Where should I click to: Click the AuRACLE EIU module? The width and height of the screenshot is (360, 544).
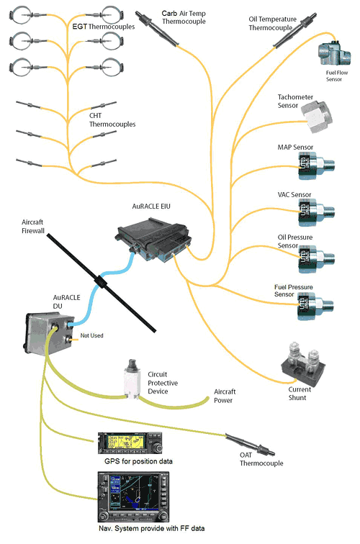[x=153, y=240]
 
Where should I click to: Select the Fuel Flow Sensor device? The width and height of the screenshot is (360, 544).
[x=334, y=54]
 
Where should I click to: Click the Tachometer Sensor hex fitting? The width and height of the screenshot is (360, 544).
[x=317, y=117]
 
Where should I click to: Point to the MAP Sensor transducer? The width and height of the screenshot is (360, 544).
[x=316, y=166]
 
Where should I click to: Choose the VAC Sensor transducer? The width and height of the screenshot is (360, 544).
[x=316, y=212]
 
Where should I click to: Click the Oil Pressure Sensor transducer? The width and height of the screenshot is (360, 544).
[x=316, y=259]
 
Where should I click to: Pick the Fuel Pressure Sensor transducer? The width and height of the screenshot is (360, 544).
[x=315, y=307]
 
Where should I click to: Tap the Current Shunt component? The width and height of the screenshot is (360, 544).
[x=303, y=364]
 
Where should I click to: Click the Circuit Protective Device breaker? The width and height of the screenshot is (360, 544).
[x=132, y=379]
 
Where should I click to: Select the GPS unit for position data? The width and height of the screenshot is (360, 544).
[x=130, y=443]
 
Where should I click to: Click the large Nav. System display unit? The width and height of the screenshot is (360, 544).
[x=134, y=497]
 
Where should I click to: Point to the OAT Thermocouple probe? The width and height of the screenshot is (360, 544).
[x=250, y=445]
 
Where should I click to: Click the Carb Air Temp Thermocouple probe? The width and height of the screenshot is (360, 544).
[x=157, y=29]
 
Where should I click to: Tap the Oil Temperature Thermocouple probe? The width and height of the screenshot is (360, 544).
[x=295, y=30]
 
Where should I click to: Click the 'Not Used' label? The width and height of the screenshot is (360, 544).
[x=91, y=335]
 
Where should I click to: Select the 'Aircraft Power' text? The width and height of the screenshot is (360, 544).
[x=224, y=396]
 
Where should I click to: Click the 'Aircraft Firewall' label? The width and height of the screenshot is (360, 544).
[x=33, y=226]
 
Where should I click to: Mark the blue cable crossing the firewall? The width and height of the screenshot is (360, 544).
[x=101, y=282]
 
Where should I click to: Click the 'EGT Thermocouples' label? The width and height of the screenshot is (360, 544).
[x=104, y=27]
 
